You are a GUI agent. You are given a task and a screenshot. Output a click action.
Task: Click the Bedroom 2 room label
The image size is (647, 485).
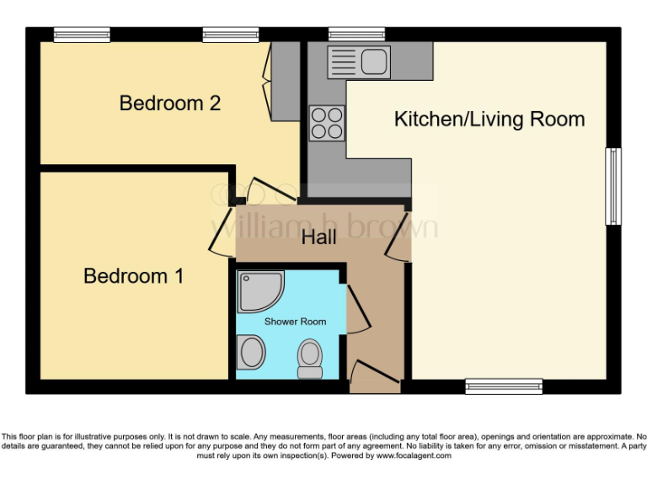(x=170, y=104)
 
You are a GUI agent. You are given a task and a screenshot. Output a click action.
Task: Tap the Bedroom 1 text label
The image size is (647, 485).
(x=134, y=275)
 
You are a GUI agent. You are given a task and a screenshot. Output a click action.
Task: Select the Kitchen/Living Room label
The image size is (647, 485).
(x=489, y=119)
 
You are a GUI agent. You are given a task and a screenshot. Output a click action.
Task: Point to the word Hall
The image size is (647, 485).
(x=319, y=237)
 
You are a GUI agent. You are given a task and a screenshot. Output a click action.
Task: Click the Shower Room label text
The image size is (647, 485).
(x=295, y=322)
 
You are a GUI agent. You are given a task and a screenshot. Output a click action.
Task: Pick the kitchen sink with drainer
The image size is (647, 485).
(x=359, y=61)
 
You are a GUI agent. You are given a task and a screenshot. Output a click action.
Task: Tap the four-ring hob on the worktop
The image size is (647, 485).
(x=327, y=123)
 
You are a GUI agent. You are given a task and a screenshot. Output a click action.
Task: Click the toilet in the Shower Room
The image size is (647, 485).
(x=310, y=359)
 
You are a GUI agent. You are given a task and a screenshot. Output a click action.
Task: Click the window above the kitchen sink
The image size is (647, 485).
(x=356, y=35)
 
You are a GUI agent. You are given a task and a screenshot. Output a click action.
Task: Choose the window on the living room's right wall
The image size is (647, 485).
(x=613, y=186)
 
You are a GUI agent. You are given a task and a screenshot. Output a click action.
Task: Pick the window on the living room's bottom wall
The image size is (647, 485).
(x=504, y=386)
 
